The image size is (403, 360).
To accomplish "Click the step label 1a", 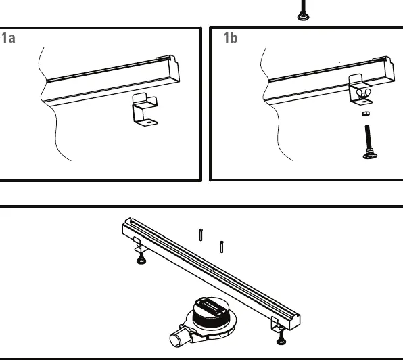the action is click(x=9, y=38).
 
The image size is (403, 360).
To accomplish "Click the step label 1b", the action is click(x=231, y=38).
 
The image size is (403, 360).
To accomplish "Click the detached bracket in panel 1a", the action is click(x=145, y=110).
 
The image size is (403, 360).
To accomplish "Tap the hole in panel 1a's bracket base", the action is click(x=149, y=122).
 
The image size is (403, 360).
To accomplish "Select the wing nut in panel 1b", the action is click(x=364, y=94).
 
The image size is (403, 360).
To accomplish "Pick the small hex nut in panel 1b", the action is click(x=366, y=114).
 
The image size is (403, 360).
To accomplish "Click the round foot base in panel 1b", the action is click(x=371, y=156).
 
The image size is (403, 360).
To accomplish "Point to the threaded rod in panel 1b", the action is click(x=368, y=138).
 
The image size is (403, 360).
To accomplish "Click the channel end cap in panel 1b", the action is click(x=389, y=70).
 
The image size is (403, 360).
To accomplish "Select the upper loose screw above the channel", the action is click(x=201, y=235).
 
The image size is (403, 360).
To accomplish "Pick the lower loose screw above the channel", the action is click(x=222, y=247).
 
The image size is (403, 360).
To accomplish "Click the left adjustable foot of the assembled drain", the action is click(x=141, y=258).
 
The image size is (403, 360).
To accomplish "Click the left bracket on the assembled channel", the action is click(x=138, y=245).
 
